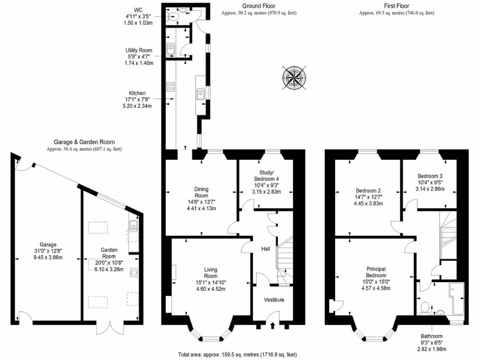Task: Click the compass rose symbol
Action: pos(295,78)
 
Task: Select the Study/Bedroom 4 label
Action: pos(266,175)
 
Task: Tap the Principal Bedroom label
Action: pos(376,272)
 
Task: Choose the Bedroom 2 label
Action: pos(368,191)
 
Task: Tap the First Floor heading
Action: pos(396,6)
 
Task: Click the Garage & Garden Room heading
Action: pos(84,142)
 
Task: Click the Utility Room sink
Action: pos(171,48)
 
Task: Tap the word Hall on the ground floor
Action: pos(265,248)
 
